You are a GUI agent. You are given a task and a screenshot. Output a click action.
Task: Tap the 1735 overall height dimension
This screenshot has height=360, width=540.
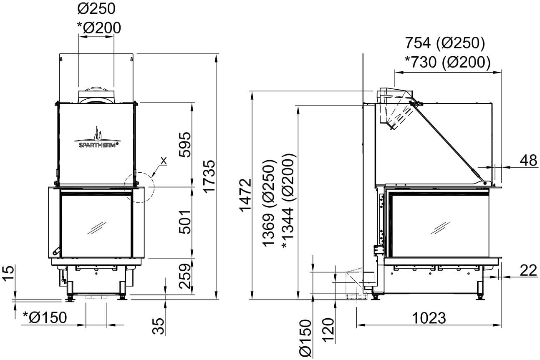(x=209, y=176)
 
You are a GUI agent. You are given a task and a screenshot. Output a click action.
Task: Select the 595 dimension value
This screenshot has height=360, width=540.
(x=185, y=145)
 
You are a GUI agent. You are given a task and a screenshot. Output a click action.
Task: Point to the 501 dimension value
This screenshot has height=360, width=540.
(x=185, y=222)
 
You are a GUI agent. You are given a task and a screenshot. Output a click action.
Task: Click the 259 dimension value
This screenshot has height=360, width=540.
(x=185, y=277)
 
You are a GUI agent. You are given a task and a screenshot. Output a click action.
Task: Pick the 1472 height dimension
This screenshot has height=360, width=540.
(x=246, y=195)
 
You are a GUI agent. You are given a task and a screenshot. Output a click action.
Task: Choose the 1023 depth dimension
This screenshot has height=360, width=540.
(x=429, y=318)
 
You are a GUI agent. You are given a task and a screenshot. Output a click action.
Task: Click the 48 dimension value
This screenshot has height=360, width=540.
(x=528, y=160)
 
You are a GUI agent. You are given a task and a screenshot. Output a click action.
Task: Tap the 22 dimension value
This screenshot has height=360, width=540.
(x=528, y=270)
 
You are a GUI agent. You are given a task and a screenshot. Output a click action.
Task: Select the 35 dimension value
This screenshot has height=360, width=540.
(x=159, y=326)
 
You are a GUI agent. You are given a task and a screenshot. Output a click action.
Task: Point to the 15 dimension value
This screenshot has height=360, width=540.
(x=8, y=273)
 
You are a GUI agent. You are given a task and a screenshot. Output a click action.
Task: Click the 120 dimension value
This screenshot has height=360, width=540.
(x=328, y=330)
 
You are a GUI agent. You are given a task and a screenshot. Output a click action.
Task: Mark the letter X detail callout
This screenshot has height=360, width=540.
(x=164, y=161)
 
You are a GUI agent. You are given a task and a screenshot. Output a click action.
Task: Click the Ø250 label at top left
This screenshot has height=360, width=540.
(x=96, y=9)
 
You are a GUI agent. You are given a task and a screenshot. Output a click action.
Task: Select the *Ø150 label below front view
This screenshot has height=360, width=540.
(x=45, y=317)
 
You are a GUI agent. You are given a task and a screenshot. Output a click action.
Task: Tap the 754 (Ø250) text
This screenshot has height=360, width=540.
(x=445, y=43)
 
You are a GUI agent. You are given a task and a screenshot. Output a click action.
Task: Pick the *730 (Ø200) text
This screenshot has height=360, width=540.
(x=448, y=62)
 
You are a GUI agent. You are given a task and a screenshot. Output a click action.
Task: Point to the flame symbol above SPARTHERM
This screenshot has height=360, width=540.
(x=98, y=134)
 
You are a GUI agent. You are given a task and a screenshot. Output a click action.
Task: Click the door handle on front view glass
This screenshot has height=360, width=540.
(x=56, y=251)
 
